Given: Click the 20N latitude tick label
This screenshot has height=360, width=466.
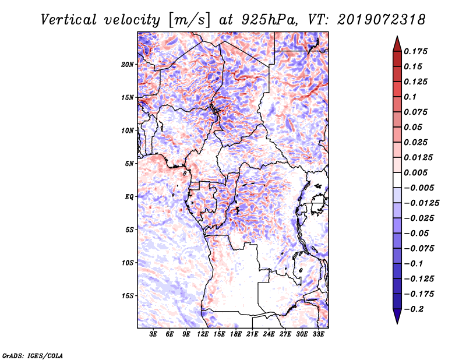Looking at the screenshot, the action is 128,65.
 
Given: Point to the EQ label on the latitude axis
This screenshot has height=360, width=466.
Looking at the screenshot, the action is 129,197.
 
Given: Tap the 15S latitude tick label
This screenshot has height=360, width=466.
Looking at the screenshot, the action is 128,296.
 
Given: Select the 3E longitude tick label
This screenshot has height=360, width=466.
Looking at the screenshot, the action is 153,334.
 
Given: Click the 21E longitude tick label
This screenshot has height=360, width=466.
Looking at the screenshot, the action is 252,334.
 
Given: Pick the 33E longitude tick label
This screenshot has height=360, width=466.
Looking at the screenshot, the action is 318,334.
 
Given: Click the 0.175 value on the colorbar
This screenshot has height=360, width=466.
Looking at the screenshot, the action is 415,51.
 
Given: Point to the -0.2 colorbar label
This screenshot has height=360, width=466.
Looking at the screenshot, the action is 414,309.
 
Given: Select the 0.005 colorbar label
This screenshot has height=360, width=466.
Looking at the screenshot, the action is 415,172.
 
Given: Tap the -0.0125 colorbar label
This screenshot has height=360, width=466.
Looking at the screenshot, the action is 421,203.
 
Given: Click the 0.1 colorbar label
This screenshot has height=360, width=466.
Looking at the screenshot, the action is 410,97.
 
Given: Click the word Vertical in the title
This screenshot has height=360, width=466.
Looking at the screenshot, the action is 69,20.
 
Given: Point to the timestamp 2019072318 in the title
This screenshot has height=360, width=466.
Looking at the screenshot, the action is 382,20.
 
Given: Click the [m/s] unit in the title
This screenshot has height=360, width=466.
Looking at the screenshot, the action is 189,20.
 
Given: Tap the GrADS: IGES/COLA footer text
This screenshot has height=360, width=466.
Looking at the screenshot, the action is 33,356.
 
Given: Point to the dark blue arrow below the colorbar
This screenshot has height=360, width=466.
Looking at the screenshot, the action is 397,316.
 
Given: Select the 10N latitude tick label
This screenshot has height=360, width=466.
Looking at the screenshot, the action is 128,130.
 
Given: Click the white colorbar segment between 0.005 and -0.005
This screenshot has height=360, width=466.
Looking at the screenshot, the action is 397,180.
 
